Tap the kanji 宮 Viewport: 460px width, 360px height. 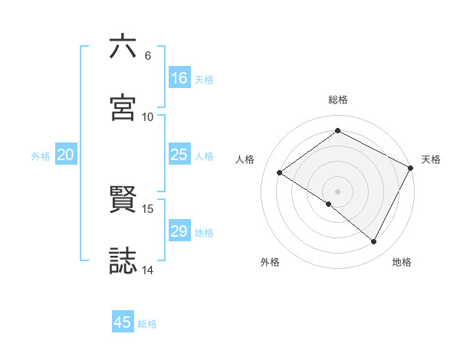point(123,108)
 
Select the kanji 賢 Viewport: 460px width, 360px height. point(123,200)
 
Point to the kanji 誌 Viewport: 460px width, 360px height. point(123,260)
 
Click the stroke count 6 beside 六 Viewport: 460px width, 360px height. point(147,56)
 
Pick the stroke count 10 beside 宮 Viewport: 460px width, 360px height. point(148,117)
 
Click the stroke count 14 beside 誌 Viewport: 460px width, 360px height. point(148,270)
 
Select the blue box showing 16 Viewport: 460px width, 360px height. point(179,78)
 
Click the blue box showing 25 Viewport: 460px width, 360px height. point(179,155)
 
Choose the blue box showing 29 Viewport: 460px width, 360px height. point(179,231)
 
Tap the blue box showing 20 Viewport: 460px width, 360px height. point(66,155)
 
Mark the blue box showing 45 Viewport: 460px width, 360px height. point(123,322)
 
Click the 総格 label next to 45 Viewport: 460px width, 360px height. point(147,324)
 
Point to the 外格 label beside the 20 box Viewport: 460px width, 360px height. point(41,156)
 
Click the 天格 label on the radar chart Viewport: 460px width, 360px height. point(431,159)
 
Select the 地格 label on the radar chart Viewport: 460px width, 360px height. point(402,263)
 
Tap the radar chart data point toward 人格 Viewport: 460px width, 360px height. point(280,172)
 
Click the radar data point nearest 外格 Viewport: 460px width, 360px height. point(329,204)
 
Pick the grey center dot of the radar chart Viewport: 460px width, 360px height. point(337,191)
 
